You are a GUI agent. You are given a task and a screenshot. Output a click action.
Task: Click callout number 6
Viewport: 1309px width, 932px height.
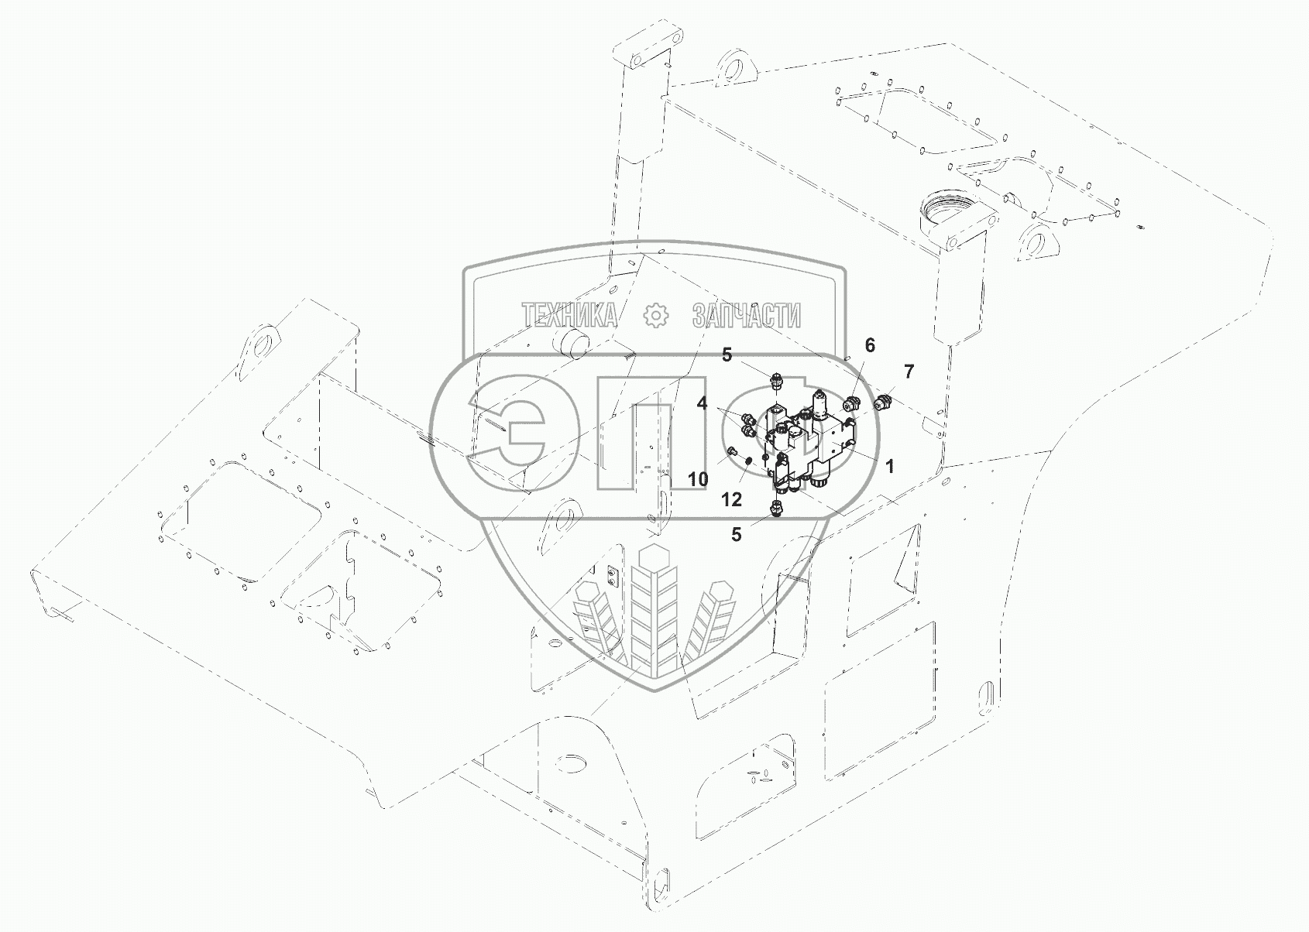(870, 345)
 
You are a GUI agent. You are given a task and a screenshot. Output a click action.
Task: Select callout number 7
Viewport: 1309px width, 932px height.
(909, 371)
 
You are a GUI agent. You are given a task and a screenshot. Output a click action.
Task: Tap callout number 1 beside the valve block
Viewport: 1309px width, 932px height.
(890, 466)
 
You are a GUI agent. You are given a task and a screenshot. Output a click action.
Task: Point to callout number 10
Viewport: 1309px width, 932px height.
(698, 479)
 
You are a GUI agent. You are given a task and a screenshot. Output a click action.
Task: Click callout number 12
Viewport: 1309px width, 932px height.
(732, 500)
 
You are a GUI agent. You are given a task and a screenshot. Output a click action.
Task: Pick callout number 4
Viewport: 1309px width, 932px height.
(703, 403)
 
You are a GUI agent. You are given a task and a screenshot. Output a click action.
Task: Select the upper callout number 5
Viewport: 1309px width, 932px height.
(727, 355)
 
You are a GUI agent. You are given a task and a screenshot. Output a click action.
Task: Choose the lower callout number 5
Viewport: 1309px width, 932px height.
(737, 534)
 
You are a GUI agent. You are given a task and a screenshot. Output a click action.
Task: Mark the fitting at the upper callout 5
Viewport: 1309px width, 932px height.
(777, 381)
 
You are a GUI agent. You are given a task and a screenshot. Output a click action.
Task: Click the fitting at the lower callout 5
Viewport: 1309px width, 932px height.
(777, 507)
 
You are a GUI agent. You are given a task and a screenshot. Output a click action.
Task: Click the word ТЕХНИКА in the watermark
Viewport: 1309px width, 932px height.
(570, 316)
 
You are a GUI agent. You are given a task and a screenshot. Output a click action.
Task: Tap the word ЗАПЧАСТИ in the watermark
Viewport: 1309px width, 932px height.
(746, 316)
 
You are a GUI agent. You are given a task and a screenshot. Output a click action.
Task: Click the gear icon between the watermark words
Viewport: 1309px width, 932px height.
(655, 316)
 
